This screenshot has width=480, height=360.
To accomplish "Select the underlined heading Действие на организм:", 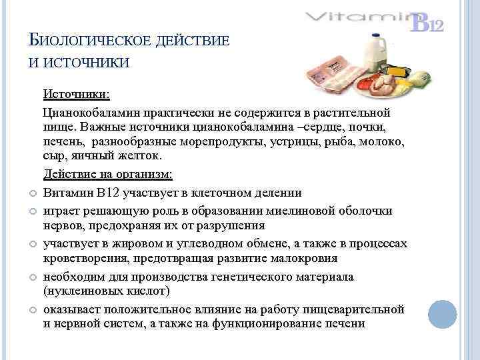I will (x=107, y=175).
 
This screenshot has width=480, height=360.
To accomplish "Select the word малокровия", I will (x=303, y=258).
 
